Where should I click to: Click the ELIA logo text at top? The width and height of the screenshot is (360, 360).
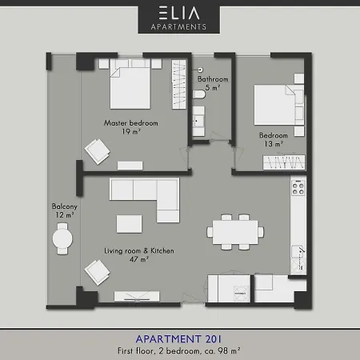pos(179,13)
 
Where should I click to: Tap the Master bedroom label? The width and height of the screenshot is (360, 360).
pos(130,123)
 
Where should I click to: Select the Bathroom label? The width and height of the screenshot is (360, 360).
pos(214,80)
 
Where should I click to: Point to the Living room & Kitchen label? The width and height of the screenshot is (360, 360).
pos(138,251)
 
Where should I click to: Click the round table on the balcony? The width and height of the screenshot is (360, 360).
pos(62,238)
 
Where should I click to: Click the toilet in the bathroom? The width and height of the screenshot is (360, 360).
pos(199,97)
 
